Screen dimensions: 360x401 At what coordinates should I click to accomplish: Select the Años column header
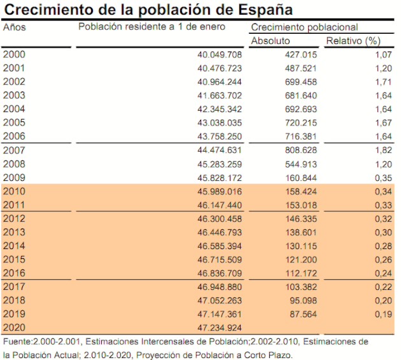[15, 27]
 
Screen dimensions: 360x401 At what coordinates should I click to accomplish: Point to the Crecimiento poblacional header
[304, 27]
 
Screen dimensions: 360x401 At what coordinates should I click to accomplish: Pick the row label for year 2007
[14, 150]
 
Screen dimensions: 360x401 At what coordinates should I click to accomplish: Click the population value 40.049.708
[220, 55]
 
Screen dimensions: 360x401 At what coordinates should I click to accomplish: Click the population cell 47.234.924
[220, 328]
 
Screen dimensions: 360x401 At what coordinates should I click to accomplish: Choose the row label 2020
[14, 328]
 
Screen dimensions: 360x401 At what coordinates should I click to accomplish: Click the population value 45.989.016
[220, 191]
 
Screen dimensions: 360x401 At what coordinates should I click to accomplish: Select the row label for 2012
[14, 219]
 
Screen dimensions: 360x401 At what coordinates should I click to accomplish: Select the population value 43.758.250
[220, 136]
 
